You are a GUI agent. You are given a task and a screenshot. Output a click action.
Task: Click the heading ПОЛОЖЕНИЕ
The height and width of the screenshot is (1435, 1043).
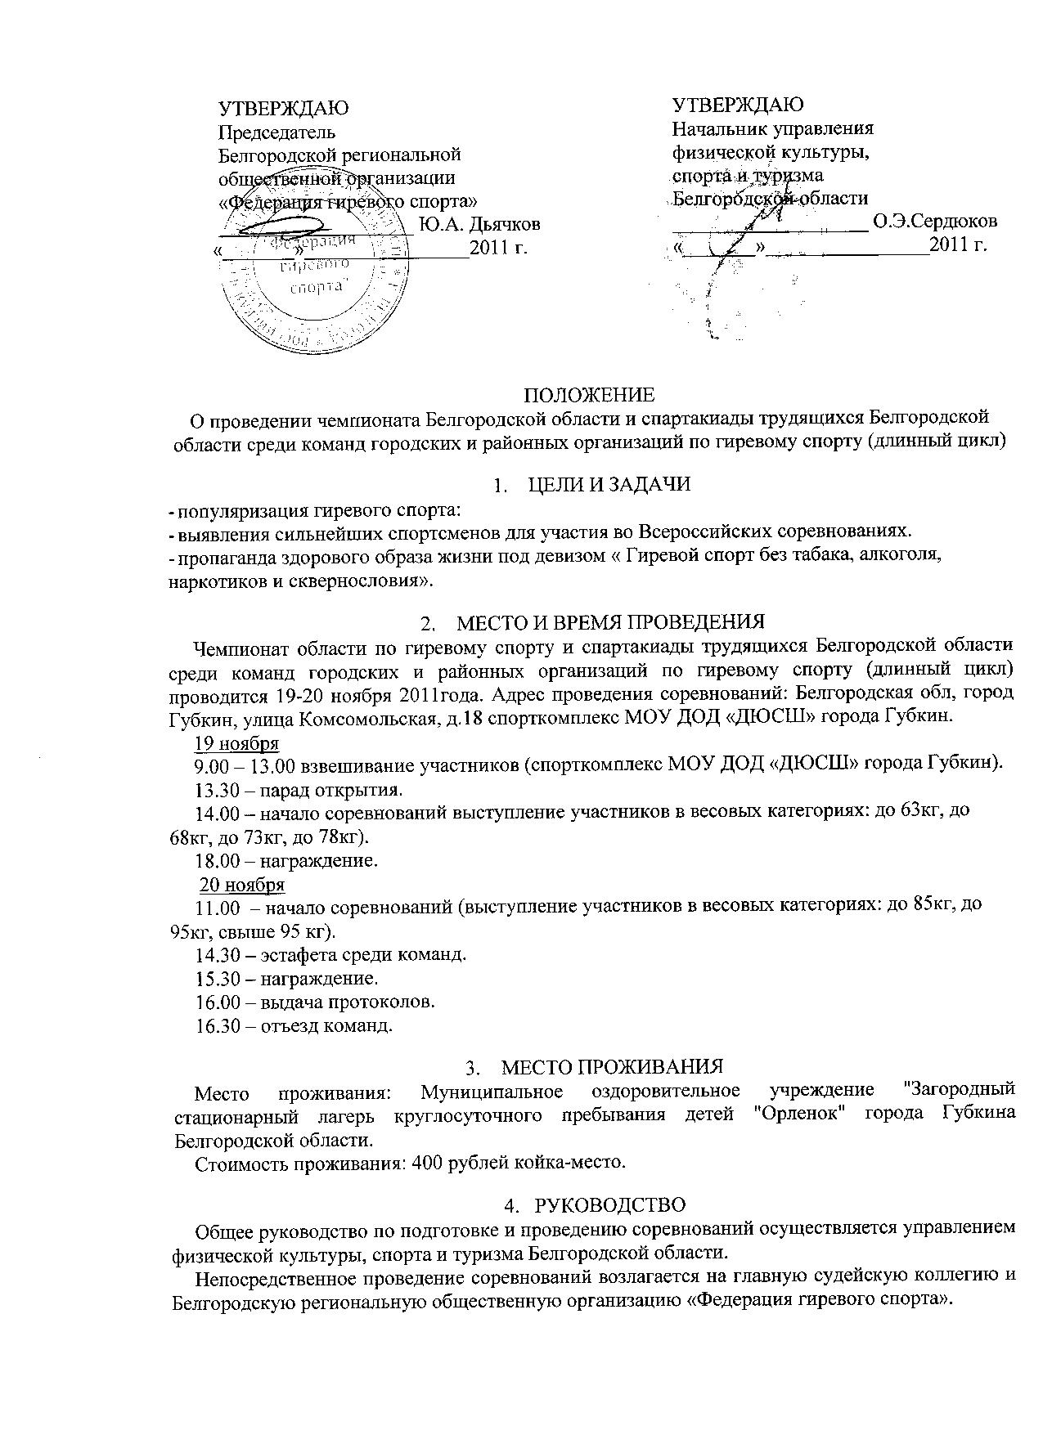click(x=589, y=396)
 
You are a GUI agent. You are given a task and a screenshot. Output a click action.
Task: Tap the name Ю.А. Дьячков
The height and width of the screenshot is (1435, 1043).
click(x=479, y=224)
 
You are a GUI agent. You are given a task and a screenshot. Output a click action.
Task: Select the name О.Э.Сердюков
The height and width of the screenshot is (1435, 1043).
click(x=935, y=220)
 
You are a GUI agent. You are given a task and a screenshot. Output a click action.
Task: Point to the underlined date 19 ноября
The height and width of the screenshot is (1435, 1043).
click(x=236, y=743)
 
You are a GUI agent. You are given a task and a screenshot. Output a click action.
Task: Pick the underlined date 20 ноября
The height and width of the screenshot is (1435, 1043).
click(x=242, y=885)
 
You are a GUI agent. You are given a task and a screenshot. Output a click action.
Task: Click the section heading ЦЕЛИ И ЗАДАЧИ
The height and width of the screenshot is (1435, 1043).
click(x=609, y=484)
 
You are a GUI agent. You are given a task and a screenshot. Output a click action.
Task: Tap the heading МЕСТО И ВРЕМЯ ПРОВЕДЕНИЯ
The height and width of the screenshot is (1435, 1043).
click(x=609, y=622)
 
